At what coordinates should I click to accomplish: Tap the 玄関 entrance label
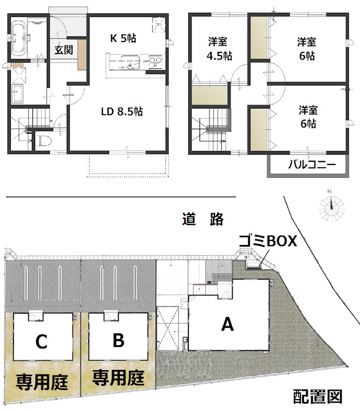tap(63, 50)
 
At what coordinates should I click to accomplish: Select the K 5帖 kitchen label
tap(123, 38)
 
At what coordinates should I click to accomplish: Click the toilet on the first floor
tap(43, 141)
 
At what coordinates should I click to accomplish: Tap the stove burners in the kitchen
tap(155, 63)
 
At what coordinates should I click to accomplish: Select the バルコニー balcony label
tap(311, 166)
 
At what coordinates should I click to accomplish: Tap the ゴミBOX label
tap(267, 241)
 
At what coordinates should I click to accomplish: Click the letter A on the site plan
tap(227, 324)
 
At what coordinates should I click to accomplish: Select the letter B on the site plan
tap(118, 340)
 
